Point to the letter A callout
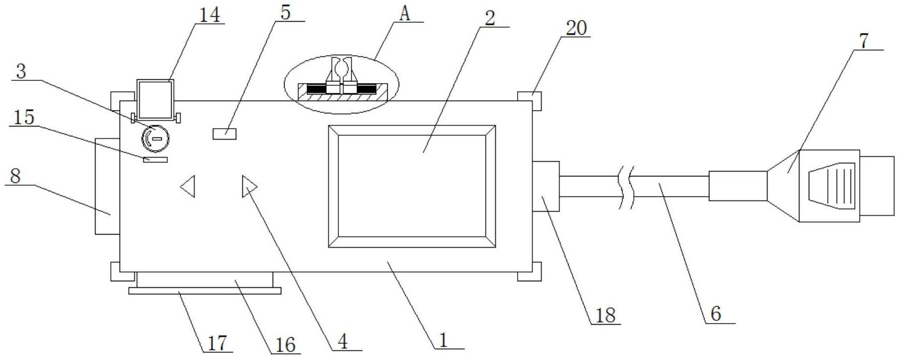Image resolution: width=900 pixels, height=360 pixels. (x=404, y=14)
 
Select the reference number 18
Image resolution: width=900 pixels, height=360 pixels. (x=605, y=315)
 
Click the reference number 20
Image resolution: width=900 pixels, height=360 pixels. (x=576, y=27)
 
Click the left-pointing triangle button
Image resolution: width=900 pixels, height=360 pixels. (x=188, y=186)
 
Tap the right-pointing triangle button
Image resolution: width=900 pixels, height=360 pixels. (x=249, y=186)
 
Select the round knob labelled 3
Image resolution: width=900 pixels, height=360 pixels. (x=156, y=138)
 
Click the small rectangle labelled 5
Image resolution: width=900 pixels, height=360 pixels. (x=224, y=133)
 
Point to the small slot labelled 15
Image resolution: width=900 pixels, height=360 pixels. (x=156, y=159)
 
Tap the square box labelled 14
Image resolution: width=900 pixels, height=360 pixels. (x=155, y=99)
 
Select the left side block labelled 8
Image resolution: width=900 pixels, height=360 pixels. (x=107, y=186)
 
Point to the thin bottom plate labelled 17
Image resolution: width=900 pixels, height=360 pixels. (x=205, y=291)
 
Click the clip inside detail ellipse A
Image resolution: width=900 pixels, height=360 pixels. (x=341, y=76)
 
